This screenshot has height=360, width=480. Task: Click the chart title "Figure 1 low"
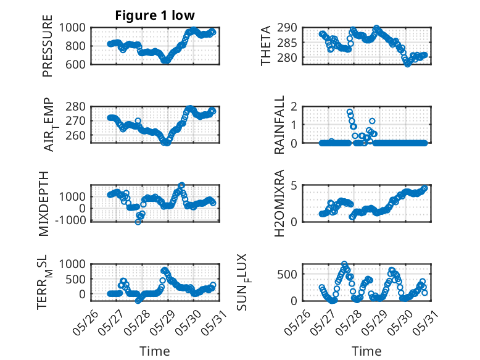pyautogui.click(x=155, y=15)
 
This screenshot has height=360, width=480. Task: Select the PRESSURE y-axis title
pyautogui.click(x=48, y=46)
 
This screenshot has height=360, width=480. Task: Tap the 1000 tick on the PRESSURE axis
pyautogui.click(x=72, y=28)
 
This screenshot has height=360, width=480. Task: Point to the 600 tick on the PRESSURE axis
pyautogui.click(x=75, y=64)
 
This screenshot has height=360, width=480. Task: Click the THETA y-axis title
pyautogui.click(x=266, y=46)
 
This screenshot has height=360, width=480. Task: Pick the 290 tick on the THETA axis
pyautogui.click(x=287, y=28)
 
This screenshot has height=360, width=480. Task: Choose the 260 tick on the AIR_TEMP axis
pyautogui.click(x=75, y=135)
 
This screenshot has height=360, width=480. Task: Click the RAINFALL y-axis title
pyautogui.click(x=279, y=125)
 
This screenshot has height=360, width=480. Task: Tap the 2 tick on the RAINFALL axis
pyautogui.click(x=294, y=107)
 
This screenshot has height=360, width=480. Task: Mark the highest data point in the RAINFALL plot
pyautogui.click(x=350, y=112)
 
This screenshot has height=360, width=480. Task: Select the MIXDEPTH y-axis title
pyautogui.click(x=44, y=203)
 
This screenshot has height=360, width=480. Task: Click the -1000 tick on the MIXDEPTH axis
pyautogui.click(x=71, y=220)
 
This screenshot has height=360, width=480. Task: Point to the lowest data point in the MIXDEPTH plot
pyautogui.click(x=138, y=222)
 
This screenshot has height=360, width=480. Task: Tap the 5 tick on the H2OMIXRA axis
pyautogui.click(x=294, y=186)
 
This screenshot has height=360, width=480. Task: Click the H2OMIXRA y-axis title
pyautogui.click(x=279, y=203)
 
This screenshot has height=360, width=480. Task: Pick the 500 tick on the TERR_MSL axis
pyautogui.click(x=75, y=279)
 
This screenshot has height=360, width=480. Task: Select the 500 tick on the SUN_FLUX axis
pyautogui.click(x=287, y=274)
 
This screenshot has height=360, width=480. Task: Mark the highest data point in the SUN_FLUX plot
pyautogui.click(x=344, y=264)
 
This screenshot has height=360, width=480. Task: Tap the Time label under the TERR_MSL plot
pyautogui.click(x=155, y=351)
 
